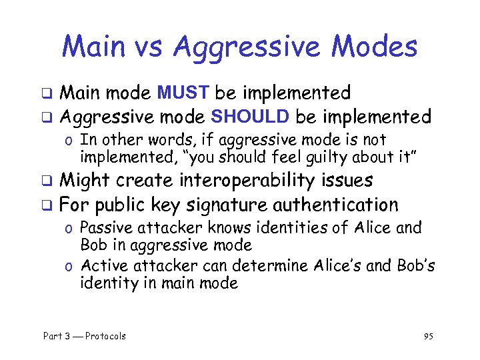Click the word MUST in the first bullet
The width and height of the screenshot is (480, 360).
coord(185,92)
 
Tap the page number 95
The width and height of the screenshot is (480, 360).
coord(429,336)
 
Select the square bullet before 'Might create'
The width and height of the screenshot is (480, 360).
coord(47,181)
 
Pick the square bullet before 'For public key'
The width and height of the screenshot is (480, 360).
coord(47,205)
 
